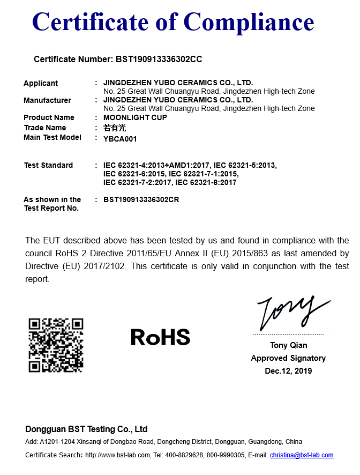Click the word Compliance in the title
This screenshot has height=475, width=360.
(249, 22)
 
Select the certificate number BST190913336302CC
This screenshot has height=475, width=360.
(158, 59)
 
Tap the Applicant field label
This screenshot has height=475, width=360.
(41, 83)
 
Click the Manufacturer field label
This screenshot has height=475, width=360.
(47, 100)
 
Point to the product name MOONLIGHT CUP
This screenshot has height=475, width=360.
(135, 117)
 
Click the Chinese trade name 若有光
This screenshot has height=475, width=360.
(114, 128)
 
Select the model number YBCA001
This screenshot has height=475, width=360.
(120, 139)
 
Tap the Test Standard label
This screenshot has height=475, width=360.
(48, 165)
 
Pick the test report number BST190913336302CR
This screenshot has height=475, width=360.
(141, 199)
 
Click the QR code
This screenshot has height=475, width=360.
(56, 345)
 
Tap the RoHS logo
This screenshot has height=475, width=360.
(160, 337)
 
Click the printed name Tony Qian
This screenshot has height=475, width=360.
(288, 345)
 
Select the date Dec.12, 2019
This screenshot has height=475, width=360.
(288, 371)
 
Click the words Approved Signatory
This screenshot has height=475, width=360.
(288, 358)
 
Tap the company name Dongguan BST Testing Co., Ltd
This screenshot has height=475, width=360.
(86, 429)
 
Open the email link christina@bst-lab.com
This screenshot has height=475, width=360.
(301, 455)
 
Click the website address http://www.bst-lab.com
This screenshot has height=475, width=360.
(117, 455)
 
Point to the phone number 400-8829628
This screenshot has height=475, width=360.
(186, 455)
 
